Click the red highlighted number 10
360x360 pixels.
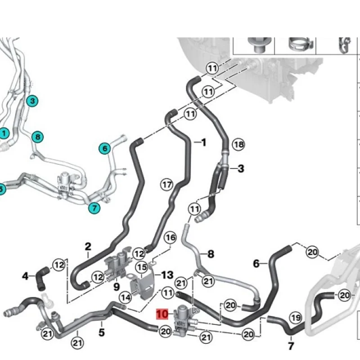pyautogui.click(x=162, y=313)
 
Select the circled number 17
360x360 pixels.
pyautogui.click(x=167, y=184)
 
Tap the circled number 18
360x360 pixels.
pyautogui.click(x=239, y=144)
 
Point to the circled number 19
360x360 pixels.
pyautogui.click(x=295, y=318)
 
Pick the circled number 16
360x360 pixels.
pyautogui.click(x=170, y=237)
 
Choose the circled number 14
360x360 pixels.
pyautogui.click(x=126, y=297)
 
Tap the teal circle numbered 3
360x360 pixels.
pyautogui.click(x=32, y=101)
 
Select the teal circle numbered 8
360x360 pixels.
pyautogui.click(x=38, y=136)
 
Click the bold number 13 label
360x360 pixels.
pyautogui.click(x=167, y=274)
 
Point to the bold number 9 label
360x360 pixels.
pyautogui.click(x=117, y=285)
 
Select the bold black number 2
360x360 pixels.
pyautogui.click(x=88, y=246)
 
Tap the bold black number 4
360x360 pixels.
pyautogui.click(x=25, y=275)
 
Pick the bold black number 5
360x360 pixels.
pyautogui.click(x=101, y=333)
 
